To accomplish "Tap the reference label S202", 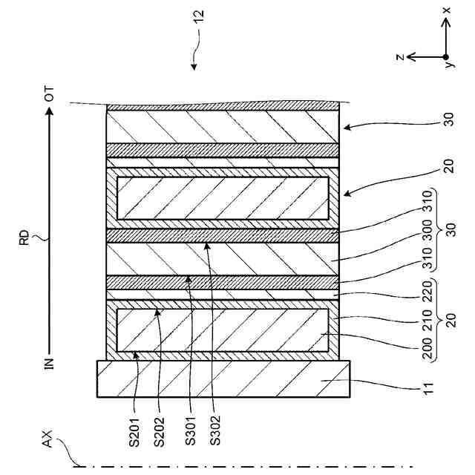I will click(x=159, y=437).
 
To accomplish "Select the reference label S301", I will click(x=191, y=437).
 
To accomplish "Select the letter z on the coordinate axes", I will click(x=399, y=57).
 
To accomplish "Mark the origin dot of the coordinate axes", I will click(x=446, y=57).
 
